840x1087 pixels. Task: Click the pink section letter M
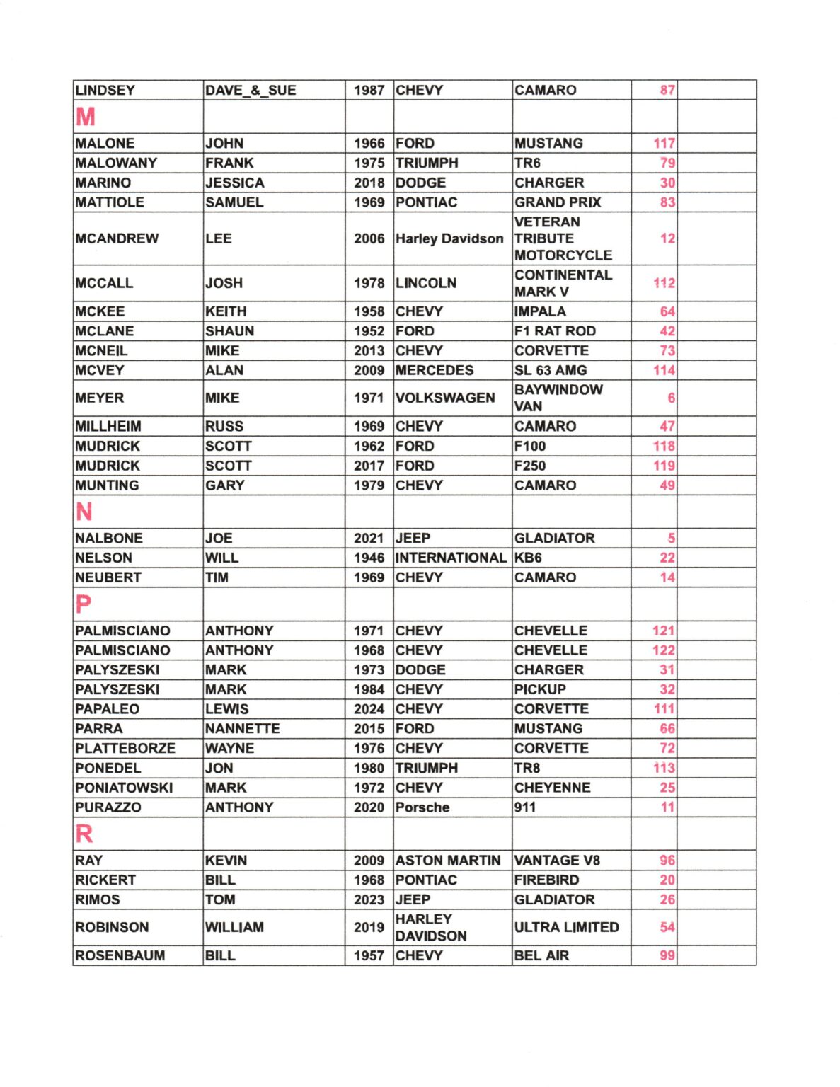[86, 117]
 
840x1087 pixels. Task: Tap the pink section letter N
[84, 512]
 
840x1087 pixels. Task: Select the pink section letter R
[84, 834]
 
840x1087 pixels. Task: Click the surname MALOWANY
[116, 163]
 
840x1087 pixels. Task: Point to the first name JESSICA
[234, 183]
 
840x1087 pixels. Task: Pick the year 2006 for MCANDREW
[369, 238]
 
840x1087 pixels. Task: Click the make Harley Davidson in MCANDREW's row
[449, 238]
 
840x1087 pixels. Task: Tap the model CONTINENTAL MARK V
[563, 283]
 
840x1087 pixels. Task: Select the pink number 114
[664, 370]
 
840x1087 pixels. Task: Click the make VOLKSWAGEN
[445, 398]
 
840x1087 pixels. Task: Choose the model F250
[530, 466]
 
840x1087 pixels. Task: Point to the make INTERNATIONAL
[451, 558]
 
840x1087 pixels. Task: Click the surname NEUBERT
[108, 577]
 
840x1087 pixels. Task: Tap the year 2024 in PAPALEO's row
[369, 709]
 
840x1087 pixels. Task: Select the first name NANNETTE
[242, 728]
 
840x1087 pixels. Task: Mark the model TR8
[527, 768]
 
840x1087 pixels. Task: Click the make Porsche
[422, 807]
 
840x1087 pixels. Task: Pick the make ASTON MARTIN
[448, 861]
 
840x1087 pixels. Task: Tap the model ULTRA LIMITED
[566, 927]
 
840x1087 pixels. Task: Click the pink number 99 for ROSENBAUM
[667, 955]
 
